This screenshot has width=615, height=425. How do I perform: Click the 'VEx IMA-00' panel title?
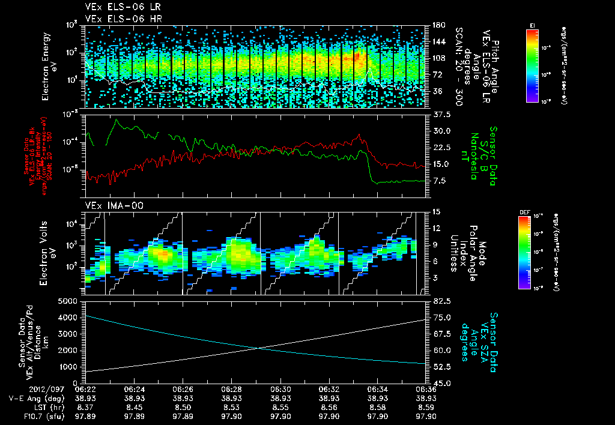pos(110,205)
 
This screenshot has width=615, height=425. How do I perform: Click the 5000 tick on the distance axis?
pos(70,301)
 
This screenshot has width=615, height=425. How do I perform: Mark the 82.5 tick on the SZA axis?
pos(435,301)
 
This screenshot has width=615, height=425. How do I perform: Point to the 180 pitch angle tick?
pos(437,25)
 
